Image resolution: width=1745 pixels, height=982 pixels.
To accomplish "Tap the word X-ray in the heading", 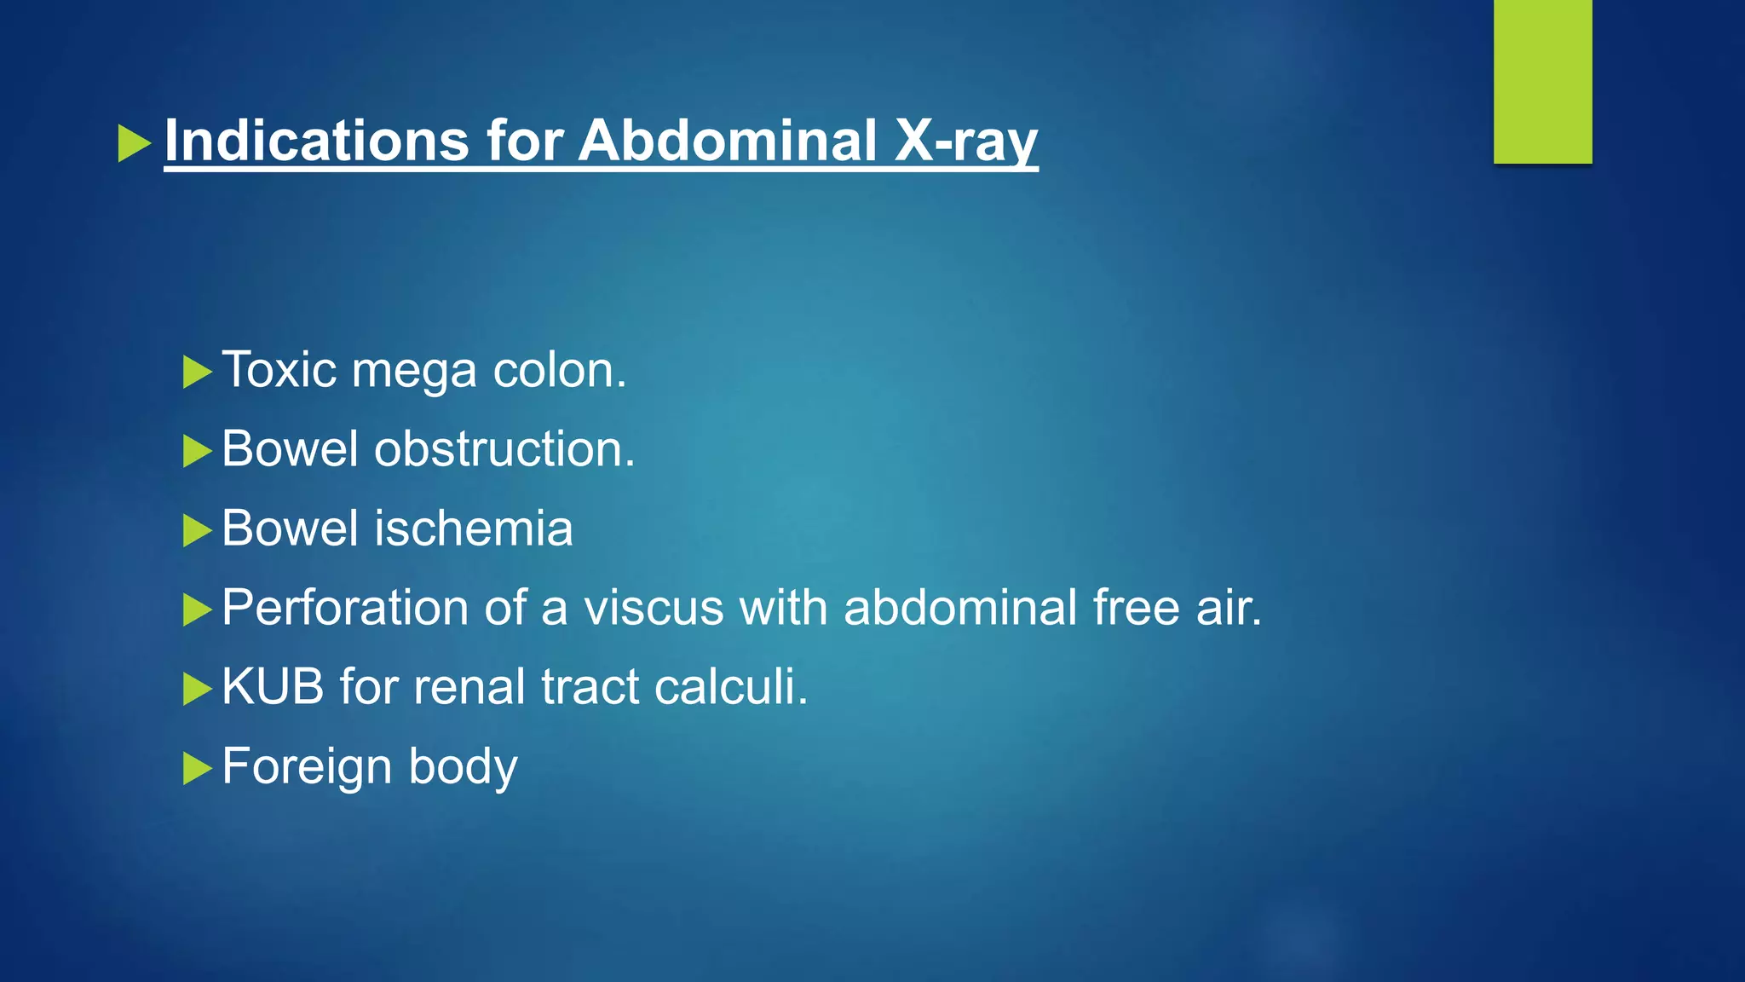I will [x=965, y=142].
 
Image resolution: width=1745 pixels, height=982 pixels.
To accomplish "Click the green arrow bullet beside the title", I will [x=134, y=143].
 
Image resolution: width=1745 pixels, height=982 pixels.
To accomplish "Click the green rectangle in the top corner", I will [x=1542, y=81].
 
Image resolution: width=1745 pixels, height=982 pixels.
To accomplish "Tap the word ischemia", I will [x=474, y=528].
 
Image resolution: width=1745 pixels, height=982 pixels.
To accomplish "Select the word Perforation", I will [x=345, y=608].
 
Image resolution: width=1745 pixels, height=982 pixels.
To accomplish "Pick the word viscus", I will [x=654, y=608].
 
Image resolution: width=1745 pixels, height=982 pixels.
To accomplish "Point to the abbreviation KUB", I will [x=273, y=686].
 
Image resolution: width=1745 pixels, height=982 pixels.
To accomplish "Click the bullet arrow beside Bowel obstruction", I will [x=197, y=451].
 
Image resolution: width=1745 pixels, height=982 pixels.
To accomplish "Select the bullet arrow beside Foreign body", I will [x=197, y=768].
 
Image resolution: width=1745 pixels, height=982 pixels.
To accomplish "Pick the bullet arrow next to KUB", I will [x=197, y=689].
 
